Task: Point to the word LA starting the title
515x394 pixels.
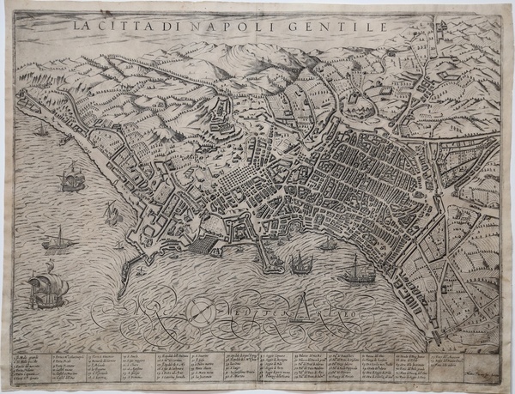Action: pos(82,26)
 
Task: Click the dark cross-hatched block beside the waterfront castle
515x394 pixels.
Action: pos(198,245)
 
